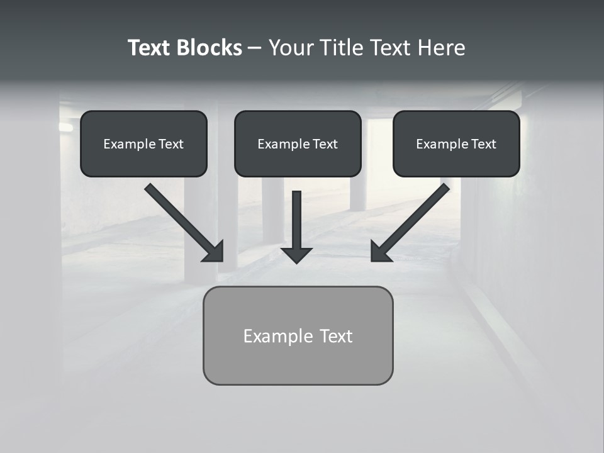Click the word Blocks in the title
209,48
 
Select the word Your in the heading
290,48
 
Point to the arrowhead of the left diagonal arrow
214,252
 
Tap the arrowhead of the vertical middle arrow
296,255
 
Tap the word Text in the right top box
484,144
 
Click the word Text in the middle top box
325,144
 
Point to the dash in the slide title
255,48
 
